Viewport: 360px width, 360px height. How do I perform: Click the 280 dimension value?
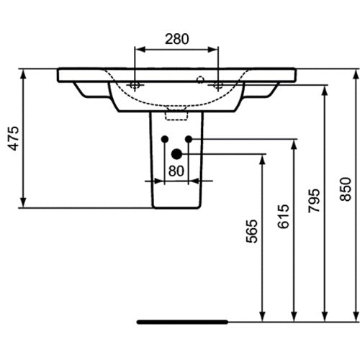[x=177, y=39]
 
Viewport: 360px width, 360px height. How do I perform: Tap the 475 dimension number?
[x=13, y=138]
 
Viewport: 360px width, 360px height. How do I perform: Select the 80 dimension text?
[x=176, y=171]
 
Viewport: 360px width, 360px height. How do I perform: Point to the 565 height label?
[x=252, y=231]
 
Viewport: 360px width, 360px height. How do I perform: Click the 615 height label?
[x=283, y=217]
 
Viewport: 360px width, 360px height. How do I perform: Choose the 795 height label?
[x=314, y=201]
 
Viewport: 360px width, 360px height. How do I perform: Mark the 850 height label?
[x=346, y=189]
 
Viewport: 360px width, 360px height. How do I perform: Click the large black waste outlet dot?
[x=176, y=154]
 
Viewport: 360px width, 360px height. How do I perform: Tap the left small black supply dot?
[x=165, y=139]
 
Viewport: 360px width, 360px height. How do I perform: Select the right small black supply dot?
[x=189, y=139]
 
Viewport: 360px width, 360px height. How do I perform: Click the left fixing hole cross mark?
[x=135, y=85]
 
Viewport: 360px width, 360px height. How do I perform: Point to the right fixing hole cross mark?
[x=218, y=85]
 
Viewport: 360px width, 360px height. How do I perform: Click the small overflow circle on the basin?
[x=200, y=80]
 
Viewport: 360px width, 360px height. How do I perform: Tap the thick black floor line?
[x=182, y=322]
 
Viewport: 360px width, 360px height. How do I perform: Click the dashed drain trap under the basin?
[x=176, y=114]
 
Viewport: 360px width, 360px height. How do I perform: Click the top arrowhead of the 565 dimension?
[x=263, y=159]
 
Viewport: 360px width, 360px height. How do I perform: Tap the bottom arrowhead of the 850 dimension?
[x=356, y=316]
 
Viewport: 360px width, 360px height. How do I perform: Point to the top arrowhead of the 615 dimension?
[x=294, y=145]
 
